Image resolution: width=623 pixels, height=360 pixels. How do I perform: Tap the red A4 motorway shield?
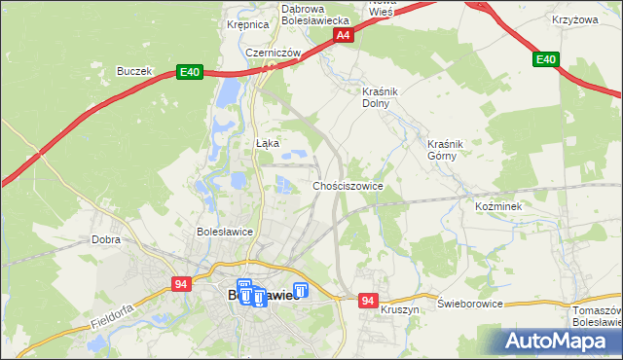(343, 35)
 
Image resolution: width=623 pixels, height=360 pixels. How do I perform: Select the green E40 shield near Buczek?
(189, 72)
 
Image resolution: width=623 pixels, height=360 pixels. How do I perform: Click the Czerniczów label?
(271, 54)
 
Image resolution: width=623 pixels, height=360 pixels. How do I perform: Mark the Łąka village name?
(267, 143)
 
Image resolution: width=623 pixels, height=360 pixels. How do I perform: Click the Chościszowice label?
(347, 186)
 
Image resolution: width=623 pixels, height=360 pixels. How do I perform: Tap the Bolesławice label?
(225, 233)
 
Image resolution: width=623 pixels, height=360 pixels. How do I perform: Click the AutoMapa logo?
(560, 342)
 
